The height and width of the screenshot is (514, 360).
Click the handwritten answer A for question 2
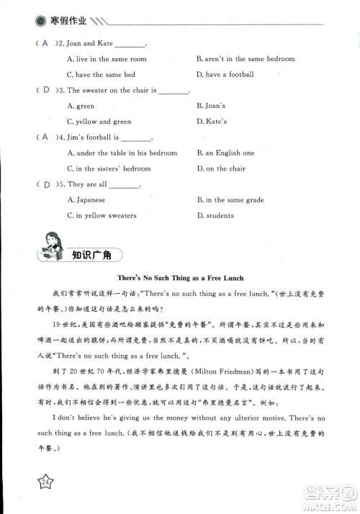45,43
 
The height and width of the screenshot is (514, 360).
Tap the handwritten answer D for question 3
46,90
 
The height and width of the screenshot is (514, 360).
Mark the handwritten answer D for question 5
46,184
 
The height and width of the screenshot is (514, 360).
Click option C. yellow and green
99,122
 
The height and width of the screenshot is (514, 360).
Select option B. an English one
225,153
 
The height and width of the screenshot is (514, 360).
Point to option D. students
215,215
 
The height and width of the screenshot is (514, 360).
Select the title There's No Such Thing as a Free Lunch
181,277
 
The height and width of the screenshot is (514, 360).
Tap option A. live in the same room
107,59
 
